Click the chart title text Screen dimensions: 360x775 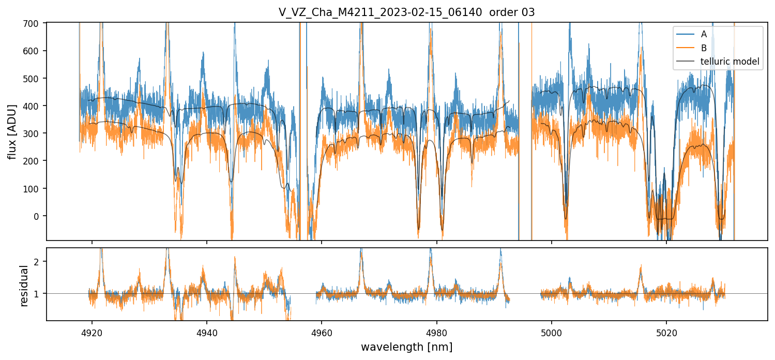click(x=406, y=12)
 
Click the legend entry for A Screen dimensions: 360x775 click(x=704, y=34)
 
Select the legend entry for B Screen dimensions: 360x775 click(x=704, y=48)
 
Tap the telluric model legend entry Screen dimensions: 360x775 click(x=730, y=62)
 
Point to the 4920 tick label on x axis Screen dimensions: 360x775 click(x=92, y=332)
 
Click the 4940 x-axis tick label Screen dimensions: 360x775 click(x=207, y=332)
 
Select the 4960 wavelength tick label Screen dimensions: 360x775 click(x=322, y=332)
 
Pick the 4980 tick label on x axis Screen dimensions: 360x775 click(x=436, y=332)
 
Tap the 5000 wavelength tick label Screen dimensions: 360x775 click(x=551, y=332)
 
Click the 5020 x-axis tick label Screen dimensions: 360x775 click(x=666, y=332)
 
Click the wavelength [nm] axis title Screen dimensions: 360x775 click(x=406, y=347)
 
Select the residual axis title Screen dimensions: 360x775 click(x=24, y=286)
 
